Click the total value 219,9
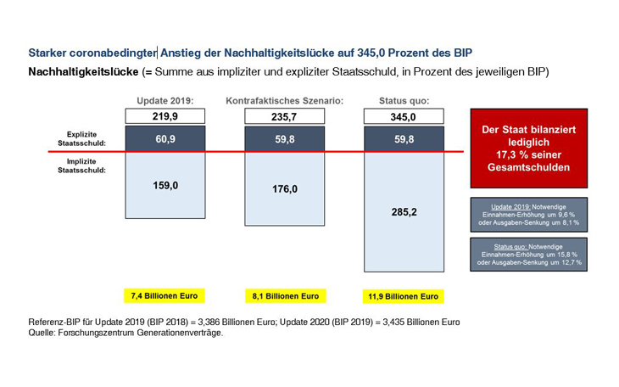pos(165,116)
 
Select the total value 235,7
pos(284,116)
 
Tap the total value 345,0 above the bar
pos(404,116)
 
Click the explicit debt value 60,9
pos(165,138)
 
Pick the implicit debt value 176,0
pos(284,188)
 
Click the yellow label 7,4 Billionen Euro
pos(165,296)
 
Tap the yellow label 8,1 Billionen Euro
pos(284,297)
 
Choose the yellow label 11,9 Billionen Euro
pos(404,297)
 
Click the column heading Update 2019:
pos(165,100)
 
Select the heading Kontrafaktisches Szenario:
pos(284,100)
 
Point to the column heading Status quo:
pos(404,100)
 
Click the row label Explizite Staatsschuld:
pos(87,138)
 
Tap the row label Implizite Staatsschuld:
pos(87,165)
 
